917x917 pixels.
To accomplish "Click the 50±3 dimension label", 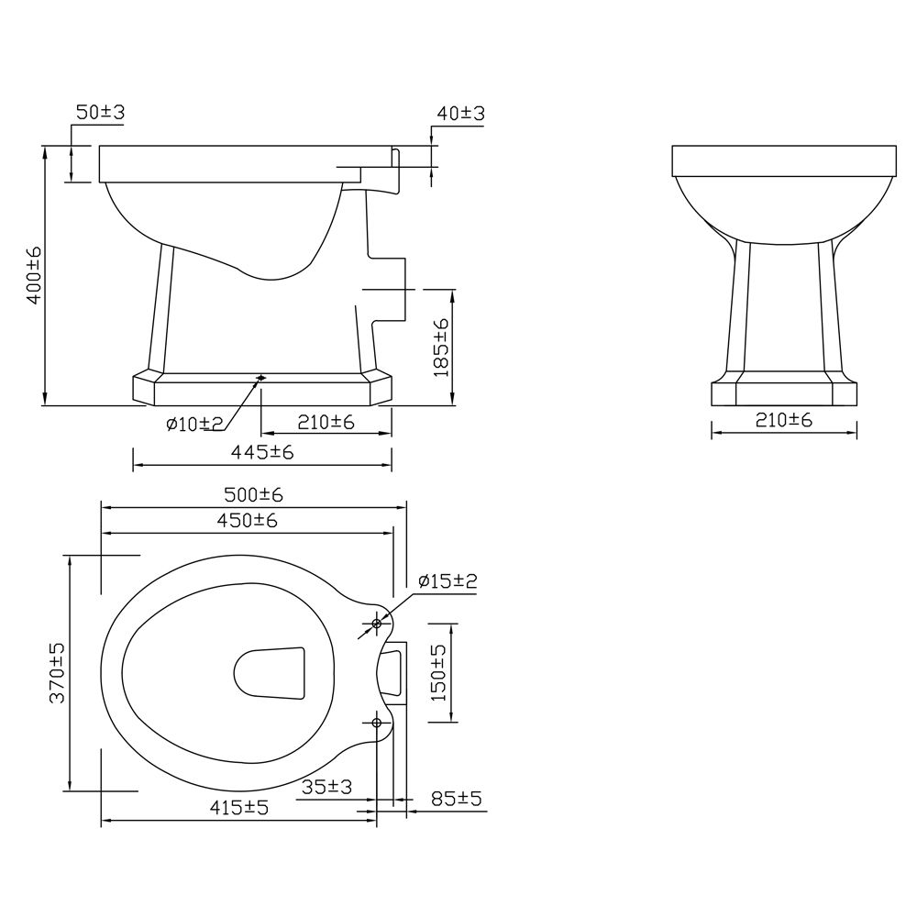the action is (x=101, y=112).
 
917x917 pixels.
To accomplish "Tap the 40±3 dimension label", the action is (x=461, y=113).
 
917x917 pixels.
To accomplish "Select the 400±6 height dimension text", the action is (x=35, y=275).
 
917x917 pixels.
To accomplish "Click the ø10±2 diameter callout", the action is (x=195, y=424).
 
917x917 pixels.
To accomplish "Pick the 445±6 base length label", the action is (x=262, y=451).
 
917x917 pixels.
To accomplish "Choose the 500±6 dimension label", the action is (x=253, y=495).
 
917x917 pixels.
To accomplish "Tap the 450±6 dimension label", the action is (x=247, y=520).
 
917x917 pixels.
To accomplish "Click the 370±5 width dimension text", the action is (x=57, y=672).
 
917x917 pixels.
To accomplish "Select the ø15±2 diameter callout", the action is (x=448, y=580).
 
